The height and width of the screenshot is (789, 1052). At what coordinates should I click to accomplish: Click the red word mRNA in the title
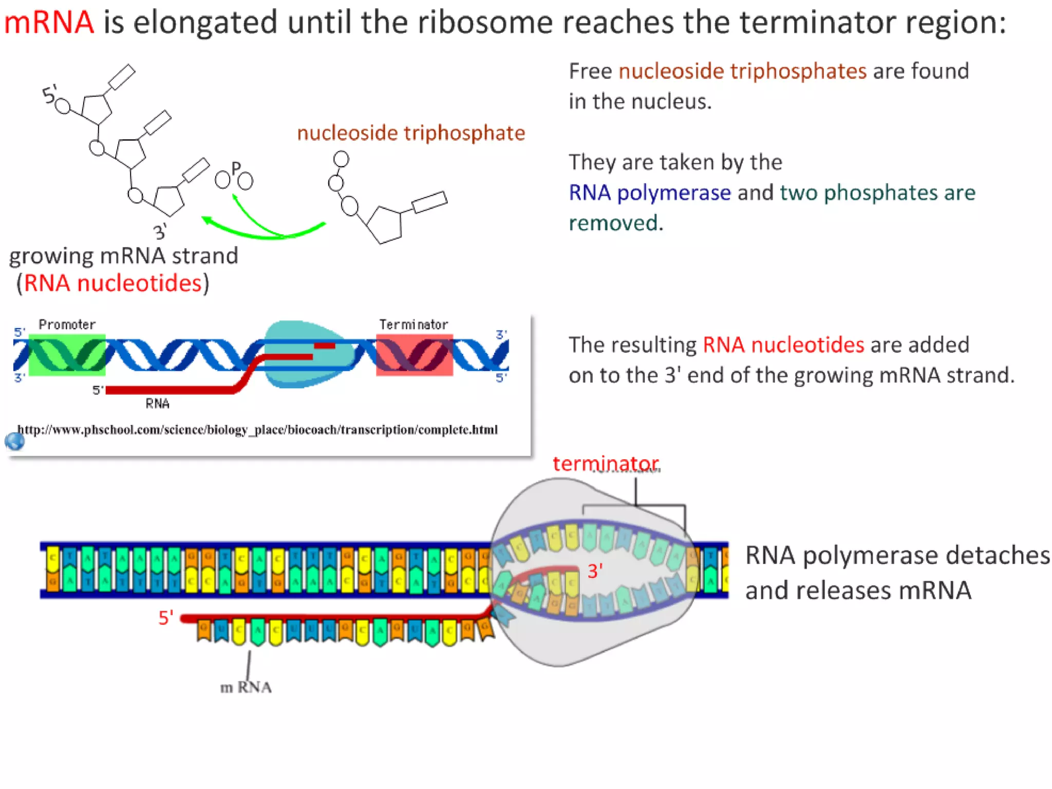pyautogui.click(x=49, y=23)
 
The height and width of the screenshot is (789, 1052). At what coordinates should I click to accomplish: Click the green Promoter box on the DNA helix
pyautogui.click(x=67, y=354)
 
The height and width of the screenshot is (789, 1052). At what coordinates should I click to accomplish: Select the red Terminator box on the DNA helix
pyautogui.click(x=414, y=355)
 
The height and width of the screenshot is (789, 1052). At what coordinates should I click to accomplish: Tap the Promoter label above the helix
pyautogui.click(x=67, y=325)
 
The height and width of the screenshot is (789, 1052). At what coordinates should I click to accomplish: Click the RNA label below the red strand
pyautogui.click(x=157, y=404)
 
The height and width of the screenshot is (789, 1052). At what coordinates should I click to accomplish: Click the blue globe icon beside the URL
pyautogui.click(x=15, y=441)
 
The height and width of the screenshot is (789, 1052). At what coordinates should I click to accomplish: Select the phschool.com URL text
pyautogui.click(x=257, y=429)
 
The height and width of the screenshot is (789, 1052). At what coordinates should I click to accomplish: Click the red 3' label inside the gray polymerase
pyautogui.click(x=595, y=571)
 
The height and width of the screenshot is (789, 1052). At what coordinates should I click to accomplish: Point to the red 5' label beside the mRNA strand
pyautogui.click(x=165, y=617)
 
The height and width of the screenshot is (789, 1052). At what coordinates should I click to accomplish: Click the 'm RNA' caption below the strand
pyautogui.click(x=246, y=687)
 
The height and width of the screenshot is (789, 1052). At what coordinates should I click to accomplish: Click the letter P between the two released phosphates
pyautogui.click(x=236, y=168)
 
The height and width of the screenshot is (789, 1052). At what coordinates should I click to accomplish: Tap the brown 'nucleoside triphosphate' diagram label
pyautogui.click(x=411, y=133)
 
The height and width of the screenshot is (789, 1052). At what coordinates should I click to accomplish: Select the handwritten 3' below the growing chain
pyautogui.click(x=160, y=232)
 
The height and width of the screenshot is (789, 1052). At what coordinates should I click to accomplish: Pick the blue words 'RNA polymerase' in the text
pyautogui.click(x=649, y=193)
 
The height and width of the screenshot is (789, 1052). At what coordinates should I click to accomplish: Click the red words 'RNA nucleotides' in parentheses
pyautogui.click(x=112, y=283)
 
